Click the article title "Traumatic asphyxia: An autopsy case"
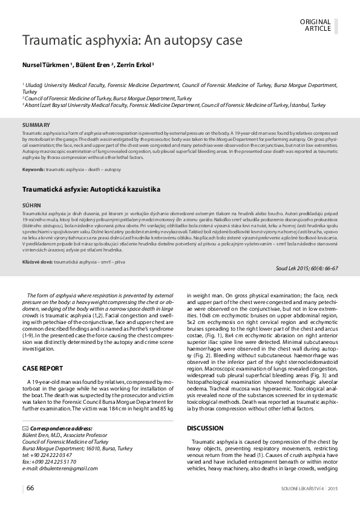[x=133, y=41]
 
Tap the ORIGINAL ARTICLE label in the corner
[x=316, y=25]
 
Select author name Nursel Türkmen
[x=47, y=65]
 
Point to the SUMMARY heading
[x=36, y=125]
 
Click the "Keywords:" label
[x=33, y=169]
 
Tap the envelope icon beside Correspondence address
[x=25, y=427]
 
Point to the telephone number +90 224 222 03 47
[x=58, y=455]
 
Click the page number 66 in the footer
[x=30, y=488]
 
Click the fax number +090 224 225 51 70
[x=62, y=462]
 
